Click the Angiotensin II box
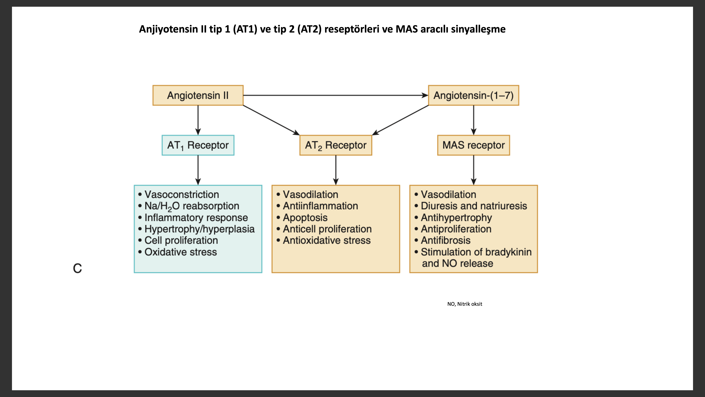click(198, 95)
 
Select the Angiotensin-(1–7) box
click(474, 95)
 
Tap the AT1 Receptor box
click(198, 145)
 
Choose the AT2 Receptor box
click(336, 145)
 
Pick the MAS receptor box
click(474, 145)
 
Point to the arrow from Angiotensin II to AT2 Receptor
click(271, 120)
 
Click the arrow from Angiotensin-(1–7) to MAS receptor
click(474, 120)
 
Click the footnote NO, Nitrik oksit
click(465, 304)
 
